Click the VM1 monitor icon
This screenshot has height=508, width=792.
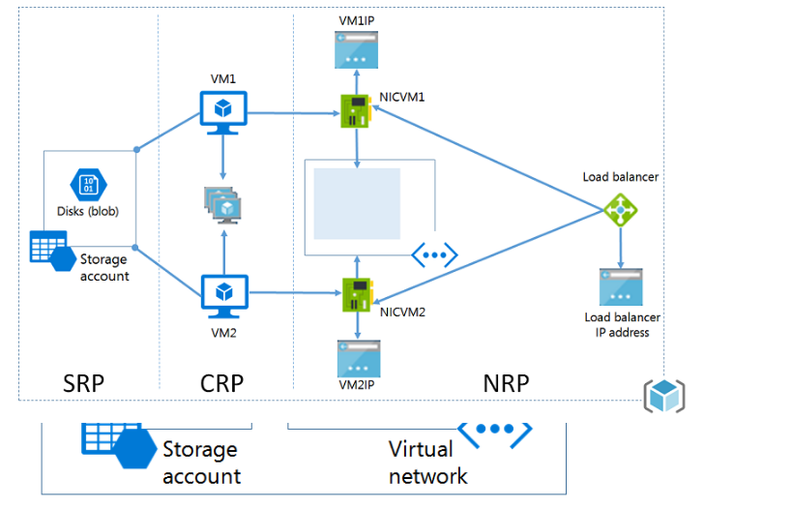pos(223,109)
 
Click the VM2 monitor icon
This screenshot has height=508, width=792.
pos(223,293)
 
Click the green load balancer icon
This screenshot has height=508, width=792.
pos(620,209)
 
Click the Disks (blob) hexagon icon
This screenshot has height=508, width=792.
pos(87,185)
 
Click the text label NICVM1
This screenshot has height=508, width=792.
pos(402,97)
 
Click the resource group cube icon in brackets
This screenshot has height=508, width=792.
pos(664,395)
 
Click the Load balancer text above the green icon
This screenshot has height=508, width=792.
pos(620,177)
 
